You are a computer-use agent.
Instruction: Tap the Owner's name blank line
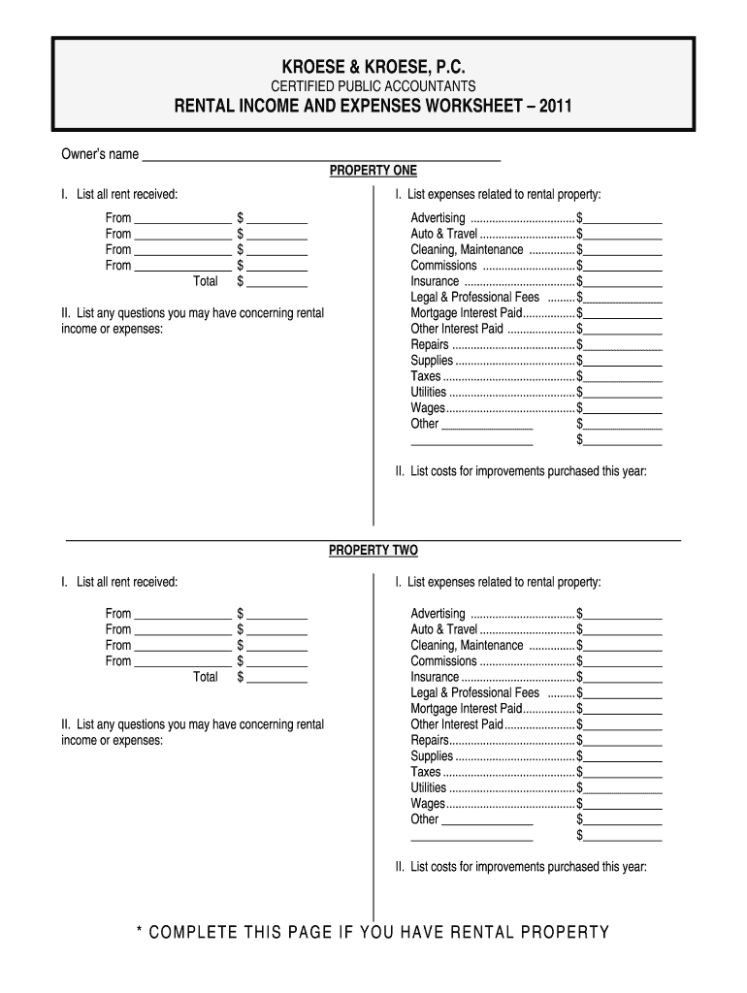tap(321, 155)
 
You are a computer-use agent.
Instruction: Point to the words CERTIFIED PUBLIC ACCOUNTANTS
tap(373, 86)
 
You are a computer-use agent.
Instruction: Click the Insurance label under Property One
tap(435, 281)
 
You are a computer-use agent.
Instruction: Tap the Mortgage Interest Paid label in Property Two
tap(466, 709)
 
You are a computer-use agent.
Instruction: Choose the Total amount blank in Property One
tap(277, 282)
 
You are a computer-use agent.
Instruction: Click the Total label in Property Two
tap(206, 677)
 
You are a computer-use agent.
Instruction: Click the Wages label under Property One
tap(428, 408)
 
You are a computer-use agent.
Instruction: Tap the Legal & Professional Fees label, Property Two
tap(474, 693)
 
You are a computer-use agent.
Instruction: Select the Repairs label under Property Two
tap(430, 740)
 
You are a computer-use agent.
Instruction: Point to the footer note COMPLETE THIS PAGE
tap(373, 933)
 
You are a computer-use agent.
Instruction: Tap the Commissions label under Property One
tap(443, 266)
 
